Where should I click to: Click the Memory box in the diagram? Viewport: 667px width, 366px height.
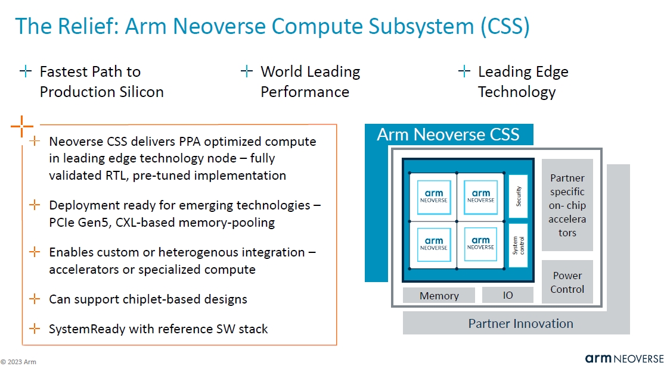(439, 295)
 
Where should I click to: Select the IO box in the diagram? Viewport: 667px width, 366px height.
(507, 295)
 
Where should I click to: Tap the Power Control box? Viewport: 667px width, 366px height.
(567, 282)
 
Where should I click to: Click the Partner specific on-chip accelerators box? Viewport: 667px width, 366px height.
(567, 205)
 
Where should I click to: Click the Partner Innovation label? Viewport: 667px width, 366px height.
(520, 324)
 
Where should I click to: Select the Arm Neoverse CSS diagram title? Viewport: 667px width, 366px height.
(448, 134)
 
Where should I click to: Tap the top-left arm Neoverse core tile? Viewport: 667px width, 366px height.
(433, 196)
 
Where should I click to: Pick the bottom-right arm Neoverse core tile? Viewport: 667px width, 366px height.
(480, 243)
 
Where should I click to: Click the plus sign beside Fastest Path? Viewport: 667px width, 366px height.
(26, 72)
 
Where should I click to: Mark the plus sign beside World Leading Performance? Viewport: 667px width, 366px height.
(247, 72)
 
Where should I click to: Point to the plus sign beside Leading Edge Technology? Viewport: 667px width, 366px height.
(464, 72)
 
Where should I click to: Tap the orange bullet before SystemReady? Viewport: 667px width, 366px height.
(35, 329)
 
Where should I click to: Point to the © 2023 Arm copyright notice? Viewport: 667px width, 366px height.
(18, 361)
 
